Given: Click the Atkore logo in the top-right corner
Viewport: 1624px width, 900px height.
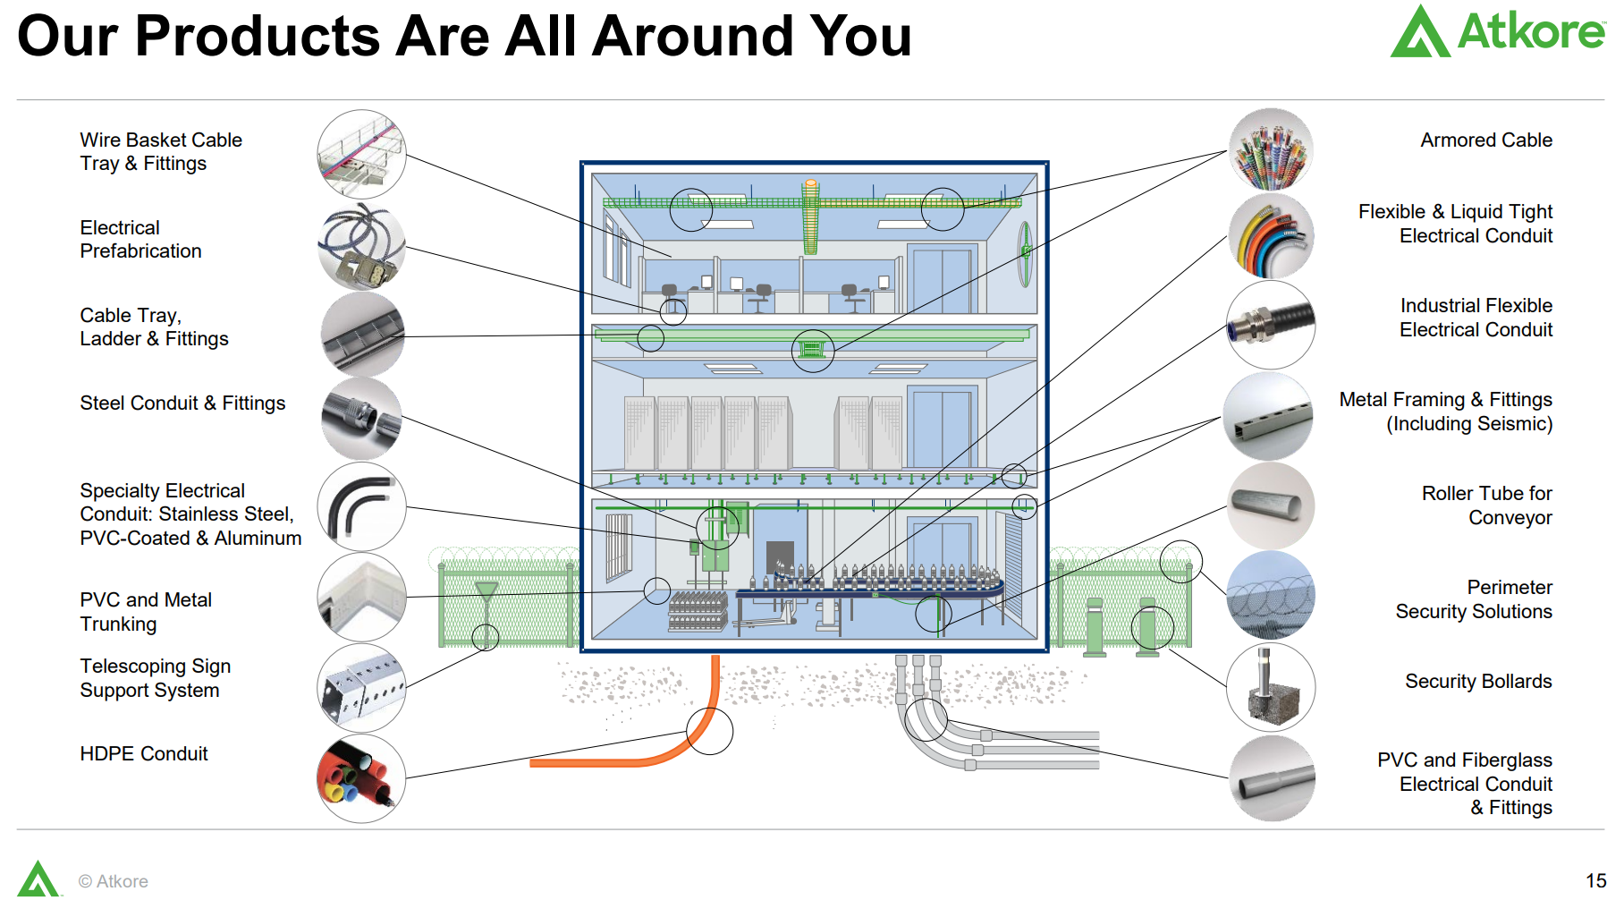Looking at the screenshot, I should [1497, 32].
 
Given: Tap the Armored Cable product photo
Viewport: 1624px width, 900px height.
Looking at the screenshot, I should [1271, 149].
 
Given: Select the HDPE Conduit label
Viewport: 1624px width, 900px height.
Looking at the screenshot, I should [143, 754].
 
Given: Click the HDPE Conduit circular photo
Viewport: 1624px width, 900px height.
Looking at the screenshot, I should [361, 778].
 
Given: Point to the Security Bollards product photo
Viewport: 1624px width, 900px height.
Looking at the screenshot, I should [1271, 687].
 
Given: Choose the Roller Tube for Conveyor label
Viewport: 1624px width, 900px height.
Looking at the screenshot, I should [1486, 505].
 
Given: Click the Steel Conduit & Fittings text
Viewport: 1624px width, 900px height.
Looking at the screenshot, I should [182, 403].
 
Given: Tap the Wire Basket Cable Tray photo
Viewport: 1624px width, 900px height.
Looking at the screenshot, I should [361, 154].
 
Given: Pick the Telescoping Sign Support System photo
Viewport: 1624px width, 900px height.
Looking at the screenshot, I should [361, 687].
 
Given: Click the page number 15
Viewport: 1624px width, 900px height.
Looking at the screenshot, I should [1595, 881].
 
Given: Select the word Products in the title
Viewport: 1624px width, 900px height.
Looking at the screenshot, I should [258, 38].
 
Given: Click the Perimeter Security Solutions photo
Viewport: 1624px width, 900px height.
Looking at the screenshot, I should [1271, 595].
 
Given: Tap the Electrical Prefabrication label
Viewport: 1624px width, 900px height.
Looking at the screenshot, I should [140, 240].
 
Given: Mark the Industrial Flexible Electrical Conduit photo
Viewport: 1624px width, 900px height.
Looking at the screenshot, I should [1271, 325].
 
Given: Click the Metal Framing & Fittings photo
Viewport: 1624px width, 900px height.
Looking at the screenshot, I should [1268, 417].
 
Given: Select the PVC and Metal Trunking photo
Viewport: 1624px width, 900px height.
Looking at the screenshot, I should [361, 597].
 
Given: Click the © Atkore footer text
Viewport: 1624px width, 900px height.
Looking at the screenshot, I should [114, 881].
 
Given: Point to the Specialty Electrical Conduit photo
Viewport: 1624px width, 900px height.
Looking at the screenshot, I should [361, 506].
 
